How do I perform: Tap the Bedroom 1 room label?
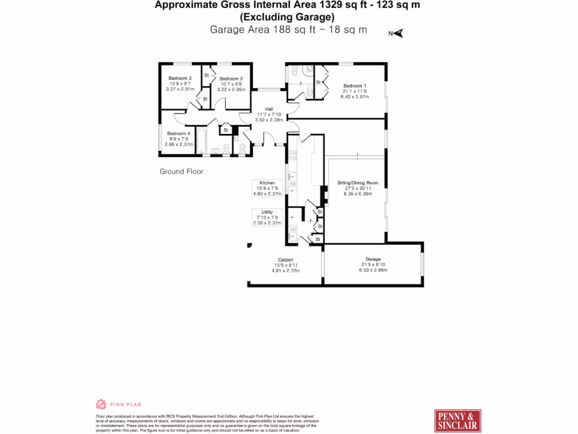click(x=354, y=86)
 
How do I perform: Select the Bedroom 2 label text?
click(x=180, y=78)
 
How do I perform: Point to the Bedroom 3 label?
click(x=231, y=79)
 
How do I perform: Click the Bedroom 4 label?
click(x=178, y=133)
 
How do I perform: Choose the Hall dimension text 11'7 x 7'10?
click(x=268, y=114)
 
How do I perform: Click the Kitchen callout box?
click(x=267, y=188)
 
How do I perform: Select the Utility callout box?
click(x=267, y=217)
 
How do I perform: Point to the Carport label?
click(x=286, y=260)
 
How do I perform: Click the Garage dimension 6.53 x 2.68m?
click(x=373, y=270)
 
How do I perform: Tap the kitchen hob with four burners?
click(x=292, y=155)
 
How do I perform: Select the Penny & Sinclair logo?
click(x=458, y=421)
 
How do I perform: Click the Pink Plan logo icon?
click(x=101, y=404)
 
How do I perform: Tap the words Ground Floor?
click(x=181, y=171)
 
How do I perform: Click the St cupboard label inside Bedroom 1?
click(x=318, y=83)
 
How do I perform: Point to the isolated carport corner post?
click(x=249, y=245)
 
